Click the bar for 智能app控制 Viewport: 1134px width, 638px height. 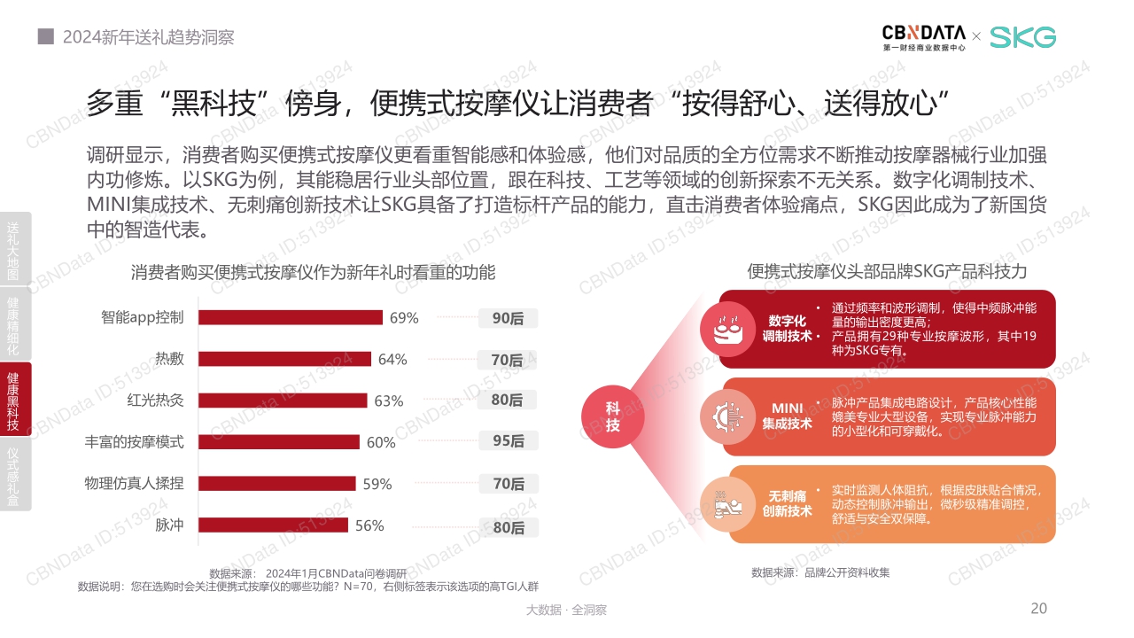pos(290,317)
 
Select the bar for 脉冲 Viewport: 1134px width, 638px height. pos(273,525)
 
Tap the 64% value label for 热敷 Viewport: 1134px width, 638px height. pos(392,359)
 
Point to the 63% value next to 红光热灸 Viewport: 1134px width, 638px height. pos(388,401)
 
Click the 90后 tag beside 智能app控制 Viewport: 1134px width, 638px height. pos(508,318)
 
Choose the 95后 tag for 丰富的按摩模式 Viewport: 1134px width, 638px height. pos(508,441)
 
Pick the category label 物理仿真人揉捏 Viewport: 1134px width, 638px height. pos(134,483)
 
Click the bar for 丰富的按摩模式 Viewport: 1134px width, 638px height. pos(278,442)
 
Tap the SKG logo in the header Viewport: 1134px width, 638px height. pos(1022,37)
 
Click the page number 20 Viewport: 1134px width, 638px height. pos(1039,608)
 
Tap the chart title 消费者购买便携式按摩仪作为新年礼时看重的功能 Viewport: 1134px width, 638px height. pos(313,273)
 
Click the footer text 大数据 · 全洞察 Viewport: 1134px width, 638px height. pos(566,610)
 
